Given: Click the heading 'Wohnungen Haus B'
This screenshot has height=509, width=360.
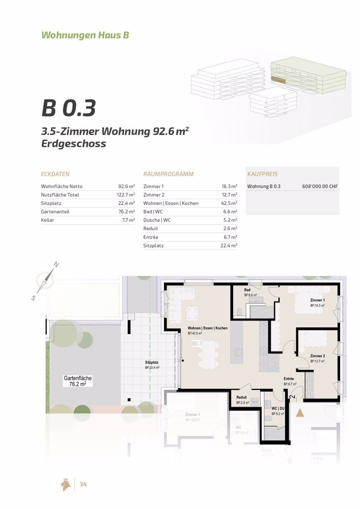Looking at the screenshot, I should pyautogui.click(x=85, y=35).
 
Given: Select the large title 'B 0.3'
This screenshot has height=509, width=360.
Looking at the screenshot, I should pyautogui.click(x=68, y=108).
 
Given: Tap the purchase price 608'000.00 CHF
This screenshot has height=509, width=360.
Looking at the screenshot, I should pyautogui.click(x=320, y=186).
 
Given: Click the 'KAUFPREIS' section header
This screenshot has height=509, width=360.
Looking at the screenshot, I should pyautogui.click(x=262, y=174).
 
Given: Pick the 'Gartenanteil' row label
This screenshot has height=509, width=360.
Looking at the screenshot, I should pyautogui.click(x=55, y=212).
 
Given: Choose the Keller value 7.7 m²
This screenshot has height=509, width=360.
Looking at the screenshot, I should pyautogui.click(x=128, y=220).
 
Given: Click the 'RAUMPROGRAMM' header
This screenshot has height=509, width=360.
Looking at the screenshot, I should pyautogui.click(x=168, y=174).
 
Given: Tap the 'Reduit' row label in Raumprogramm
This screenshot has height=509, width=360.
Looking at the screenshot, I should pyautogui.click(x=150, y=229).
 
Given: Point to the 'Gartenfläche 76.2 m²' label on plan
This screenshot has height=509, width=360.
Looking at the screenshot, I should pyautogui.click(x=77, y=381).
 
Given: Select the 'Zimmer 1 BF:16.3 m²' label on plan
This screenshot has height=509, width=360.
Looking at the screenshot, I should pyautogui.click(x=317, y=302).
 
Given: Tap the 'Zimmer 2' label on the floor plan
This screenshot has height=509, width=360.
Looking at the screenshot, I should pyautogui.click(x=317, y=356).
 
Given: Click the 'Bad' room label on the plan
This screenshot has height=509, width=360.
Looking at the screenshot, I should pyautogui.click(x=247, y=290).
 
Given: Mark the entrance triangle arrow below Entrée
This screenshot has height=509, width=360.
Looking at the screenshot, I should pyautogui.click(x=300, y=413).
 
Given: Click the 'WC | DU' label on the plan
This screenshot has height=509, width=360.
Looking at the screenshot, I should pyautogui.click(x=278, y=409).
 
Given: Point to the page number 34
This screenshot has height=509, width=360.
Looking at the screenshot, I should pyautogui.click(x=83, y=485).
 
